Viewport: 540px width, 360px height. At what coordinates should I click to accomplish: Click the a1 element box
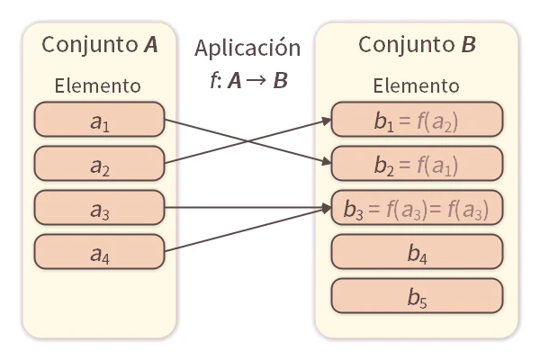point(99,120)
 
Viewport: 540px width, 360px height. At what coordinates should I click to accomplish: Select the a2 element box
point(99,163)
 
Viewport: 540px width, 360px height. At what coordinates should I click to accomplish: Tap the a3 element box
point(99,207)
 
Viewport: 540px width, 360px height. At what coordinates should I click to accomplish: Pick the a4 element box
point(99,250)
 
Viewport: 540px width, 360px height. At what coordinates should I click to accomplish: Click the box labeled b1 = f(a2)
point(417,120)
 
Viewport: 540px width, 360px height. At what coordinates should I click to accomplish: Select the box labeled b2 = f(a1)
point(417,163)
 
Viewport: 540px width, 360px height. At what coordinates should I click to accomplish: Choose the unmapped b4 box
point(417,251)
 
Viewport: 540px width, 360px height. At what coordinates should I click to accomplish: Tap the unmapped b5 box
point(417,294)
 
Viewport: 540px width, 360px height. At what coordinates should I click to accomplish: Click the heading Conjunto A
point(98,45)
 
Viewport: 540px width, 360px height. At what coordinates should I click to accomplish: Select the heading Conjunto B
point(417,45)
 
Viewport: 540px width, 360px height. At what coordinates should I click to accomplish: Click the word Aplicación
point(247,48)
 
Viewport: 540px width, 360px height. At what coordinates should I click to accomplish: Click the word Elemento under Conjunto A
point(98,86)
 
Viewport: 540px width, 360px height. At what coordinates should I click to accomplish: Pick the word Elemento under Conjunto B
point(417,86)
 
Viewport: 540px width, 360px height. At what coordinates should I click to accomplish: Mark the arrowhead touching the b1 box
point(326,118)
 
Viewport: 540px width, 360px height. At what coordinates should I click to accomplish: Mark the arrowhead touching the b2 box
point(326,163)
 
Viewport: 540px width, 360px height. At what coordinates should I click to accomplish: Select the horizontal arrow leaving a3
point(243,208)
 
